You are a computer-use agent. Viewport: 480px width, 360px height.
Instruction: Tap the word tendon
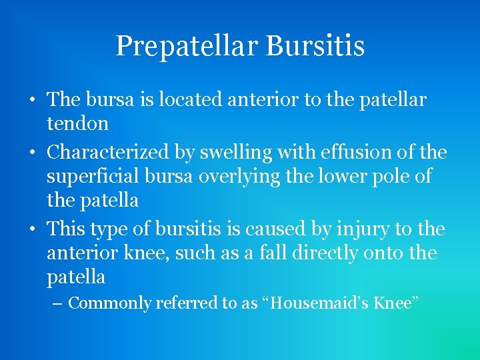(77, 123)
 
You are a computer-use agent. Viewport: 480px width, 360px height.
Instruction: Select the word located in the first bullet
(189, 100)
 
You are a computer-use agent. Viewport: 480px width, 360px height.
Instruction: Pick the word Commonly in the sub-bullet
(110, 303)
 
